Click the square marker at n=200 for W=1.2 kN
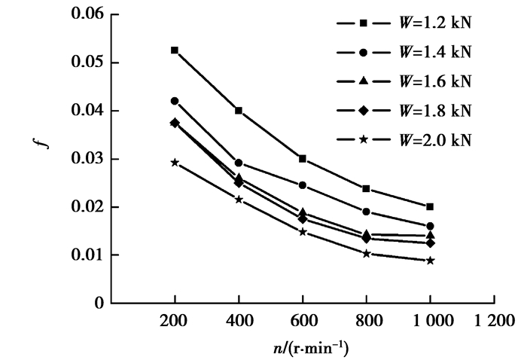[x=175, y=50]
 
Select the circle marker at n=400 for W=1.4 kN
[x=239, y=163]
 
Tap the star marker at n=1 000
[x=430, y=261]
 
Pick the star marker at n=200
[x=175, y=162]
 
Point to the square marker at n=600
[x=303, y=159]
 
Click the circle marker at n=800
[x=367, y=212]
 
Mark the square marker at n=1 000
[x=430, y=206]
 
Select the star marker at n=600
[x=303, y=232]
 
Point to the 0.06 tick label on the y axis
[x=87, y=14]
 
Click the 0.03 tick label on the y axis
[x=87, y=159]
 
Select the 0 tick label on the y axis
[x=98, y=304]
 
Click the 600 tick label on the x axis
[x=303, y=319]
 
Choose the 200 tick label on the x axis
[x=175, y=319]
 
